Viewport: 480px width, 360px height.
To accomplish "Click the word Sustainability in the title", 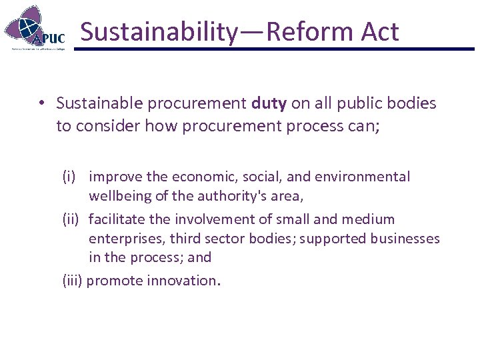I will [158, 32].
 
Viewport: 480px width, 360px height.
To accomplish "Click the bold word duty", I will [269, 103].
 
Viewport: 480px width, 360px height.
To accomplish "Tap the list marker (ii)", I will [72, 219].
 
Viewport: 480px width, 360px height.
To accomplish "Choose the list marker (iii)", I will [73, 281].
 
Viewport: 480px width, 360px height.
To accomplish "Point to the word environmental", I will [369, 177].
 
